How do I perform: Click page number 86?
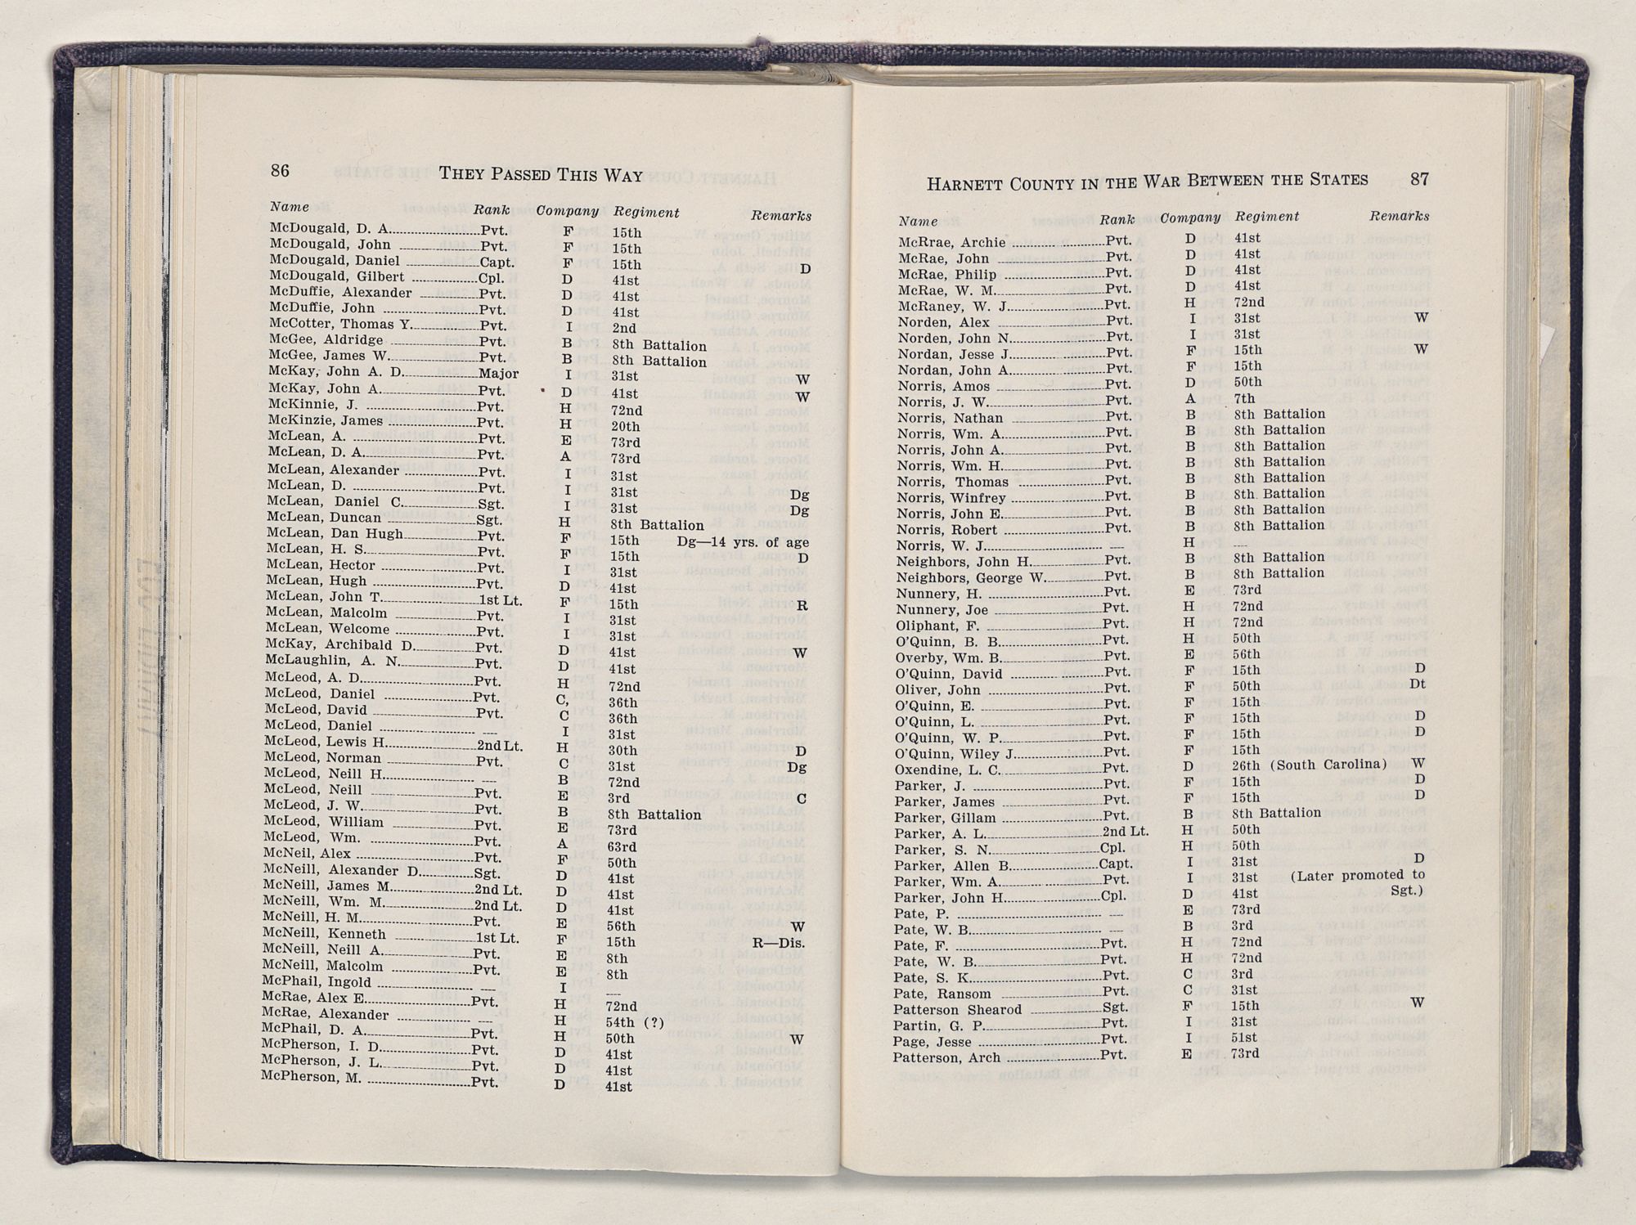pyautogui.click(x=280, y=170)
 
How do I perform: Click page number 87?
pyautogui.click(x=1419, y=179)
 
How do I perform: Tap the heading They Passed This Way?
pyautogui.click(x=541, y=174)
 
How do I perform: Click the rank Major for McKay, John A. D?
pyautogui.click(x=498, y=374)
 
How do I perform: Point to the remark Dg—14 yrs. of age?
pyautogui.click(x=743, y=542)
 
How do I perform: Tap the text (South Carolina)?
pyautogui.click(x=1328, y=765)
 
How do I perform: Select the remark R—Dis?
pyautogui.click(x=779, y=943)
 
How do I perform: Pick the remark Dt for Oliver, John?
pyautogui.click(x=1418, y=684)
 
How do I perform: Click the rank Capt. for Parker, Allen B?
pyautogui.click(x=1116, y=864)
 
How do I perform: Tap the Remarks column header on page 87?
pyautogui.click(x=1399, y=216)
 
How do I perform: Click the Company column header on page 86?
pyautogui.click(x=567, y=211)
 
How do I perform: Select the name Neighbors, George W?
pyautogui.click(x=970, y=577)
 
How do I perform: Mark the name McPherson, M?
pyautogui.click(x=311, y=1077)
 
